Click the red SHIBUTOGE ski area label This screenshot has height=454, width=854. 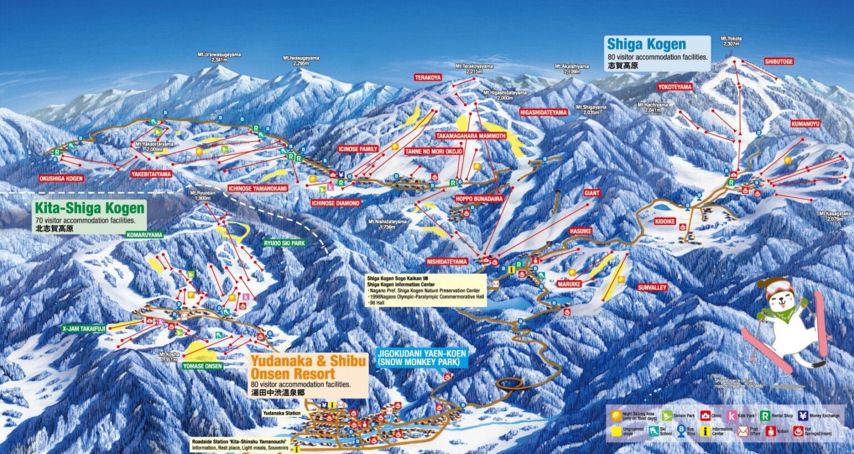[x=778, y=62]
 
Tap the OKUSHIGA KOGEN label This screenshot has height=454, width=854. [x=61, y=178]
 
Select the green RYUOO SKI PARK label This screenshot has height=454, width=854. [x=284, y=243]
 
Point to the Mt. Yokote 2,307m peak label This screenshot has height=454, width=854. [x=731, y=41]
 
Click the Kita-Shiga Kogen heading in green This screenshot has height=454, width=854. [x=89, y=208]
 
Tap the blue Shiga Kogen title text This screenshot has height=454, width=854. [x=646, y=44]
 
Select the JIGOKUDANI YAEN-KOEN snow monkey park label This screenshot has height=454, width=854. [x=421, y=357]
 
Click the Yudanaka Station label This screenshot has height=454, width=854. [x=282, y=413]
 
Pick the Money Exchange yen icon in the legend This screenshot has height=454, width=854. [x=802, y=415]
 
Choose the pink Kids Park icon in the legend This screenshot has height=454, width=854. [x=732, y=415]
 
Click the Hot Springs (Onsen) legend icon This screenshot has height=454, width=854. [x=798, y=431]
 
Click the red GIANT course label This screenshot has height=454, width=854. [x=592, y=193]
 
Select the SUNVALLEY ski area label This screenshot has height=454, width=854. [x=652, y=287]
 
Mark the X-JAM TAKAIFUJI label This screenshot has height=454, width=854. [x=83, y=328]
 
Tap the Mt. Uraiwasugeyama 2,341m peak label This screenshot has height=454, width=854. [x=219, y=57]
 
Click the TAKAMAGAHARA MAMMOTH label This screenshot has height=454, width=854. [x=470, y=136]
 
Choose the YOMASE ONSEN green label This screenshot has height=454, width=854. [x=202, y=366]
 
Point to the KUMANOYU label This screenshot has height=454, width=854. [x=805, y=124]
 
